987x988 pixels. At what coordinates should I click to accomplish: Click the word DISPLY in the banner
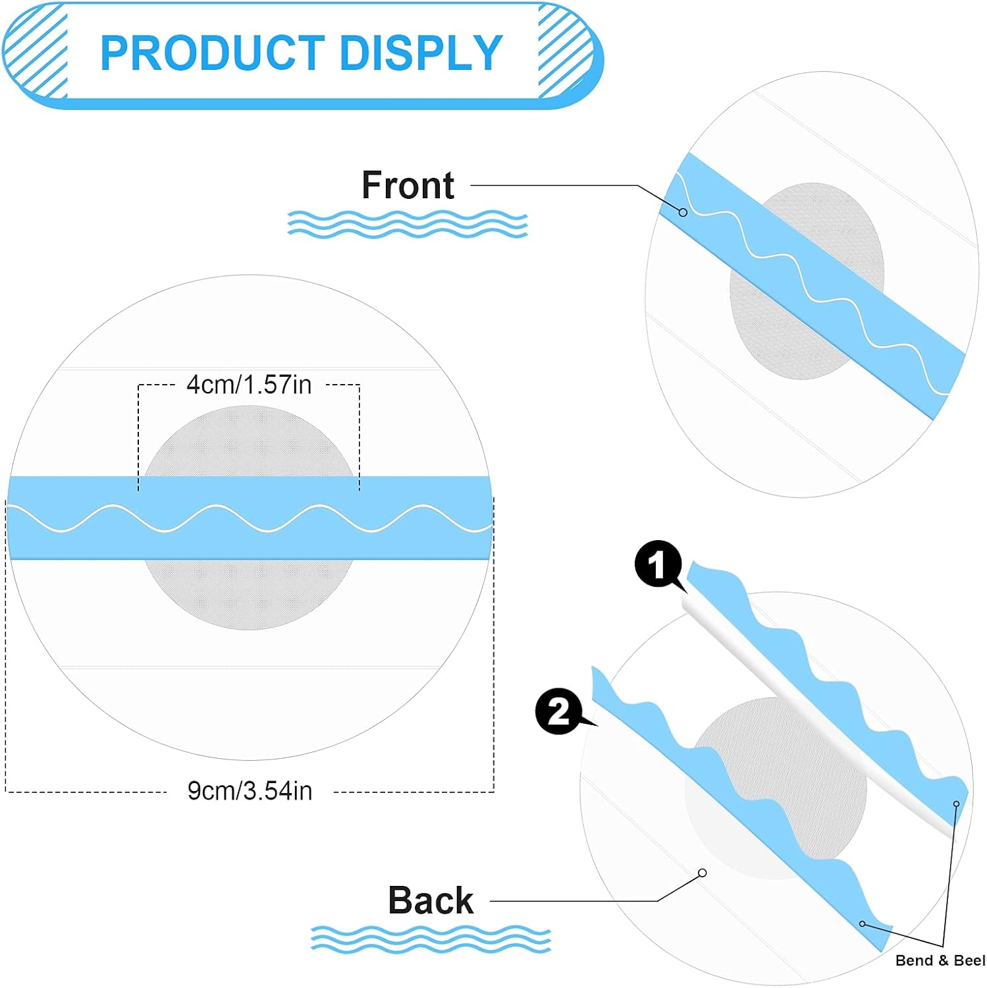pyautogui.click(x=421, y=53)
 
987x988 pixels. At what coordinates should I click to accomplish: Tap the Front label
pyautogui.click(x=408, y=185)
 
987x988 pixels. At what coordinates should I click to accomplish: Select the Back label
pyautogui.click(x=431, y=900)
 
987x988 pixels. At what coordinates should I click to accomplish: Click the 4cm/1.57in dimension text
pyautogui.click(x=249, y=385)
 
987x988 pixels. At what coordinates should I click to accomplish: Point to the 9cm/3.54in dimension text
pyautogui.click(x=250, y=791)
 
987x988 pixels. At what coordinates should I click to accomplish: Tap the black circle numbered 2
pyautogui.click(x=558, y=711)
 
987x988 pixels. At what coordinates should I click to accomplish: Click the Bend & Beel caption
pyautogui.click(x=940, y=960)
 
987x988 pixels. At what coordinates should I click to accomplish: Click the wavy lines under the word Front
pyautogui.click(x=408, y=224)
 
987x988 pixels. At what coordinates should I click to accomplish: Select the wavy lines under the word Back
pyautogui.click(x=431, y=939)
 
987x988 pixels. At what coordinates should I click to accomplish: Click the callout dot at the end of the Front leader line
pyautogui.click(x=683, y=213)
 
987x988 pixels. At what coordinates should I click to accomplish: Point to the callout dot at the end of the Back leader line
pyautogui.click(x=703, y=873)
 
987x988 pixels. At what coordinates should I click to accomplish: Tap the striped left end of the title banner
pyautogui.click(x=37, y=53)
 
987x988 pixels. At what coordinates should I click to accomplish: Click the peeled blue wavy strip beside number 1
pyautogui.click(x=823, y=678)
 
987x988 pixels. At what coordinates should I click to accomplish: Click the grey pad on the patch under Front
pyautogui.click(x=777, y=329)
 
